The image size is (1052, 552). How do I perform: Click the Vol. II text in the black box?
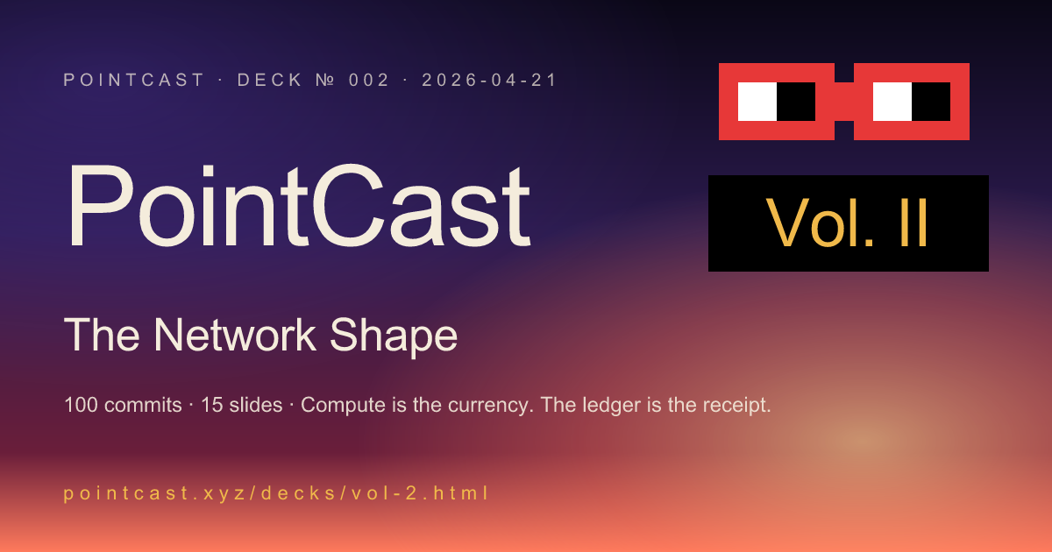pos(848,223)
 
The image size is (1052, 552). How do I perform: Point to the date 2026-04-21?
pos(489,81)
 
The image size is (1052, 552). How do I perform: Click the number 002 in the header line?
pos(367,81)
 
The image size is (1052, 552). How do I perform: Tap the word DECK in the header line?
pos(268,81)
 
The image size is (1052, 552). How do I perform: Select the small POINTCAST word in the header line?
pos(134,81)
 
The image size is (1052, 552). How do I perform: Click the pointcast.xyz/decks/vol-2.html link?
pos(276,493)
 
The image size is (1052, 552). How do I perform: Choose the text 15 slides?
pos(241,406)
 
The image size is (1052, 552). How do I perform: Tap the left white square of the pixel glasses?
pos(757,102)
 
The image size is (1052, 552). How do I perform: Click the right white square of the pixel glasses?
pos(892,102)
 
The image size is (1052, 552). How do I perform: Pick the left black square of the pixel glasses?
pos(796,102)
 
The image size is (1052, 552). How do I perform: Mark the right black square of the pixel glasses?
pos(931,102)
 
